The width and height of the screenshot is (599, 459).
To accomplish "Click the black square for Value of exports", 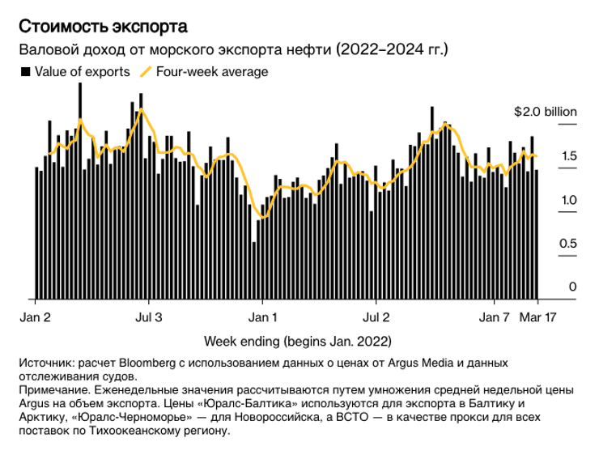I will point(25,72).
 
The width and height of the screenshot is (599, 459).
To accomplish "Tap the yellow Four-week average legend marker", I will point(146,72).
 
